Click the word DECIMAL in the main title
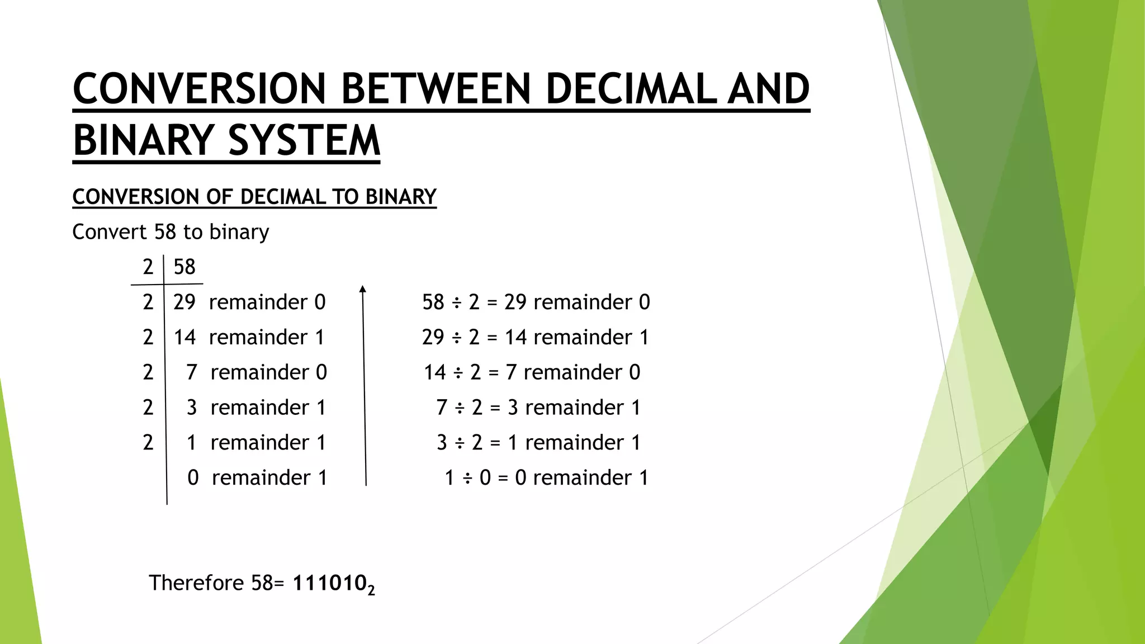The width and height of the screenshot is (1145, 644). (630, 89)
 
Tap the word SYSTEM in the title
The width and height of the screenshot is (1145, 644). (304, 140)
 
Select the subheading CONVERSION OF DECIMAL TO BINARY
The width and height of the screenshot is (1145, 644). (254, 197)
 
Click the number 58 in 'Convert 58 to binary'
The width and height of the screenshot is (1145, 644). (165, 231)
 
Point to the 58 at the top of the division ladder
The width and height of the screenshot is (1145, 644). (184, 267)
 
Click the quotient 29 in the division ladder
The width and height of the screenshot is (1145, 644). (184, 302)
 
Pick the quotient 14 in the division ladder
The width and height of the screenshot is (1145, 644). (184, 337)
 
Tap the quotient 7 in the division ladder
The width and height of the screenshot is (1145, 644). (192, 372)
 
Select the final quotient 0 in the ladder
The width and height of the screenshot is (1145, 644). (193, 477)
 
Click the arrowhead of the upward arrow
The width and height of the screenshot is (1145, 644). (363, 288)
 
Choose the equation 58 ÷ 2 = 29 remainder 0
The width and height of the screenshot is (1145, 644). (536, 302)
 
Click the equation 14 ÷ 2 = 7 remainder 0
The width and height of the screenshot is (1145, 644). (532, 372)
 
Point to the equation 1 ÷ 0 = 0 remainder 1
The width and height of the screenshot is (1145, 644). (546, 477)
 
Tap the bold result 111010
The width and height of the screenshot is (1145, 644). (329, 583)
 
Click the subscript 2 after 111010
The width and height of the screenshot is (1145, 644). (371, 590)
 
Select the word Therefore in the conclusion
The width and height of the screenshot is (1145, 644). (196, 583)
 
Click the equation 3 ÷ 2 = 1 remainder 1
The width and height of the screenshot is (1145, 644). (538, 442)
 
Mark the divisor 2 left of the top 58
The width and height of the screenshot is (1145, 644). (148, 267)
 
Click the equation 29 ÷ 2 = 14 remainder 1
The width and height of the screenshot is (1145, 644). (535, 337)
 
